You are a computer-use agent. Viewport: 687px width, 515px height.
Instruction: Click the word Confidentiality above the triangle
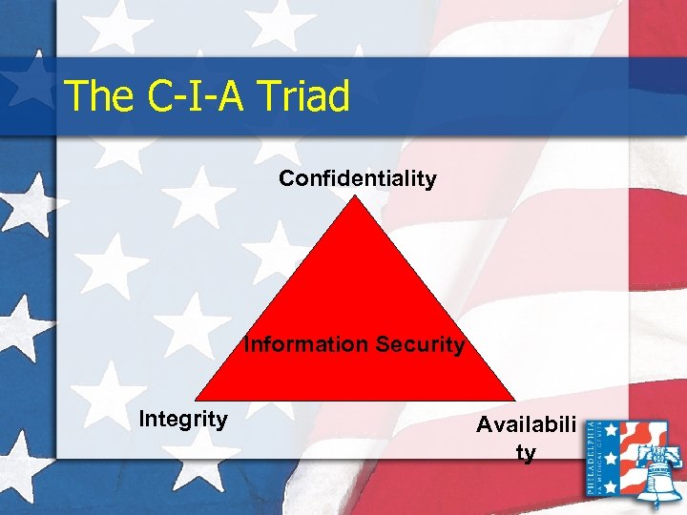pyautogui.click(x=358, y=178)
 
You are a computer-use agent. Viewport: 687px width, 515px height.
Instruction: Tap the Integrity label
pyautogui.click(x=183, y=418)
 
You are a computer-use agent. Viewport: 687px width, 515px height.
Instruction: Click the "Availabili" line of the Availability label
pyautogui.click(x=527, y=426)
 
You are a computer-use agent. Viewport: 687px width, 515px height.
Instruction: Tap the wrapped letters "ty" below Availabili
pyautogui.click(x=526, y=452)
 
